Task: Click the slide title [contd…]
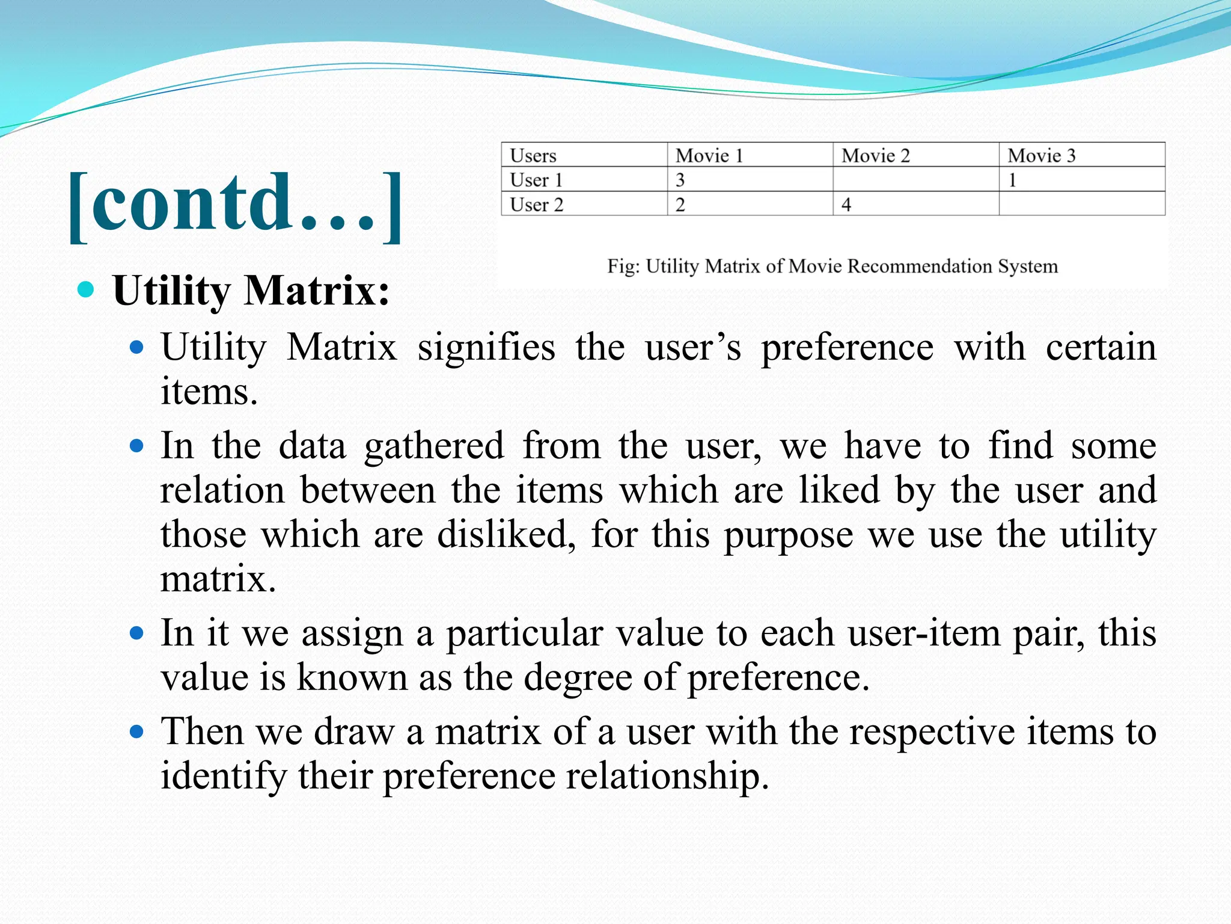tap(234, 205)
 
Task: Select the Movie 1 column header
tap(709, 156)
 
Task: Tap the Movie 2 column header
tap(875, 156)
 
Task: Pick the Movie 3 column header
tap(1041, 156)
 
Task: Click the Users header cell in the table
tap(533, 156)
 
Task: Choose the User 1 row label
tap(536, 180)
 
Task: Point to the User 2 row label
tap(537, 205)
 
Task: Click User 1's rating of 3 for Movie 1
tap(680, 180)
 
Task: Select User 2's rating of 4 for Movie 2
tap(846, 205)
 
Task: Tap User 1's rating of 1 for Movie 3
tap(1013, 180)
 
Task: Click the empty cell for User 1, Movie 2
tap(915, 179)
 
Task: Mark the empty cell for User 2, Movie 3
tap(1081, 204)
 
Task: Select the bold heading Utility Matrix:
tap(251, 291)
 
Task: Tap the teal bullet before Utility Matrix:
tap(87, 290)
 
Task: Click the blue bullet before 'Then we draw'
tap(137, 731)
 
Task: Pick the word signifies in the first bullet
tap(486, 348)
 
